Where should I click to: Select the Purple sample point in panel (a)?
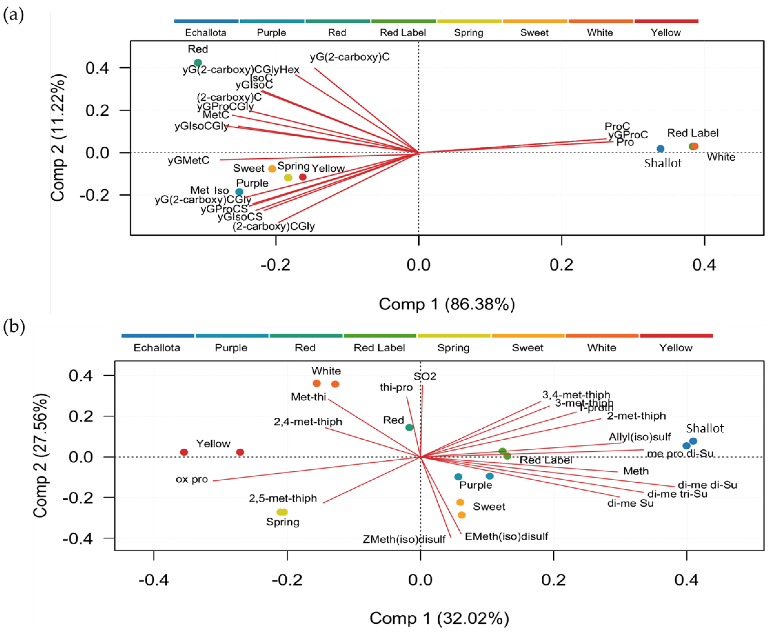tap(239, 191)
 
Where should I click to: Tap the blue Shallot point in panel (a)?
tap(660, 149)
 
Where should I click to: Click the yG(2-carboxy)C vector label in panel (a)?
tap(349, 57)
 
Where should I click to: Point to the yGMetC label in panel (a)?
tap(189, 160)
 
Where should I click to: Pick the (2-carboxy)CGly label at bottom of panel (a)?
tap(274, 226)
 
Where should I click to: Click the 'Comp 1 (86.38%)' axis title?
tap(447, 304)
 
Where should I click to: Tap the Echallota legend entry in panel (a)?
tap(206, 33)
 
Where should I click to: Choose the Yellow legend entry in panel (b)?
tap(676, 347)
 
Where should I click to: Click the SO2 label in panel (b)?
tap(425, 376)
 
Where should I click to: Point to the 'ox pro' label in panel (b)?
tap(192, 479)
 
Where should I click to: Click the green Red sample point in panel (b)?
tap(409, 427)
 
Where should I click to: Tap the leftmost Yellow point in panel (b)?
tap(184, 452)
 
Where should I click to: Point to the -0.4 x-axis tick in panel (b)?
tap(154, 580)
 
